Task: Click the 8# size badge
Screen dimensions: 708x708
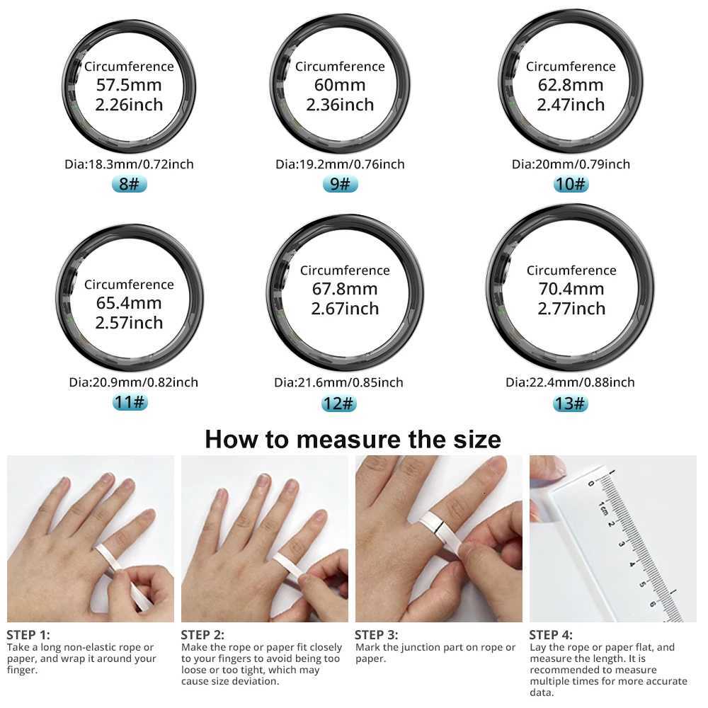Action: coord(129,184)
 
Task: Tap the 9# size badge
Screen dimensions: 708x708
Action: coord(340,184)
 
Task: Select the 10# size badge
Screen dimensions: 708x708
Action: coord(571,184)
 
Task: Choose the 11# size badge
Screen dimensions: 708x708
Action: coord(129,403)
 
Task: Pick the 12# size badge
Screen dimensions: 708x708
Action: coord(338,404)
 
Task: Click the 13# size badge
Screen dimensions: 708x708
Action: coord(571,404)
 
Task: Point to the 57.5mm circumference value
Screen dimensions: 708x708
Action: coord(129,86)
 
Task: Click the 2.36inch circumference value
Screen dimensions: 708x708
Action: coord(340,105)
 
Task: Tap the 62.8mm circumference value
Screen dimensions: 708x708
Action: coord(571,86)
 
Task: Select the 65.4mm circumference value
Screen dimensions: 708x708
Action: coord(129,303)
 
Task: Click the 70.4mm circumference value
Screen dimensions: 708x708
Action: coord(571,289)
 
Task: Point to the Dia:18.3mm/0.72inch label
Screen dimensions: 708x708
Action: coord(129,164)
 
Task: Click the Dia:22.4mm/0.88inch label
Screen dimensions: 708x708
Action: coord(570,382)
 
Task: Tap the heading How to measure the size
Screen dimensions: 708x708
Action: coord(353,439)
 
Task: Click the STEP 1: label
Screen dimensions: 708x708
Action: coord(28,634)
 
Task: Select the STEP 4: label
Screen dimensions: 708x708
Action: coord(551,634)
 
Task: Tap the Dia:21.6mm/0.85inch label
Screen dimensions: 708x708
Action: coord(338,382)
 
